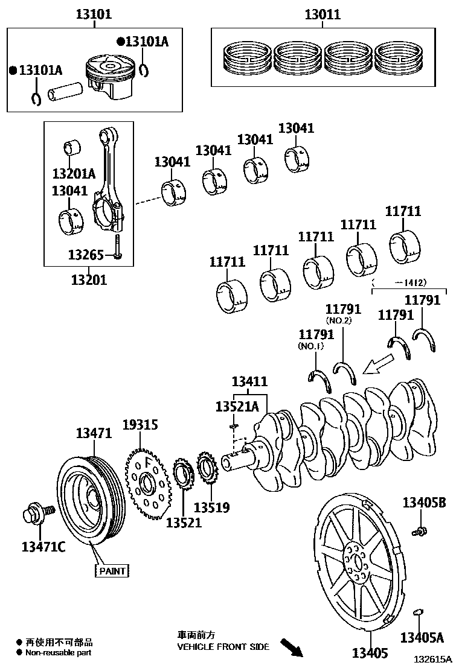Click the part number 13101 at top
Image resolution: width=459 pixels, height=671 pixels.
point(94,13)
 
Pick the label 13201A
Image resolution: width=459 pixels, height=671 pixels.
point(74,174)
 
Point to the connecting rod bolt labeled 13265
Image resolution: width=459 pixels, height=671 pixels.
point(118,247)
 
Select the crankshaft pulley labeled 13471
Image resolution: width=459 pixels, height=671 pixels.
point(89,501)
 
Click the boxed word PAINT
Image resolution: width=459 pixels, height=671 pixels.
point(112,570)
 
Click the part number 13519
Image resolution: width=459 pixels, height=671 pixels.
point(211,507)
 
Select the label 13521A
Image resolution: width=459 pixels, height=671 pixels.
point(237,407)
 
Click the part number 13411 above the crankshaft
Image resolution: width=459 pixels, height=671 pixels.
point(250,381)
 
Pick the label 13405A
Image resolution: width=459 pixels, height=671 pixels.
point(422,637)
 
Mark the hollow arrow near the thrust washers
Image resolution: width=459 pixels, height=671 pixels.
point(378,363)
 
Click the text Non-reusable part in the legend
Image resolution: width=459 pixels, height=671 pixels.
point(59,652)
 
